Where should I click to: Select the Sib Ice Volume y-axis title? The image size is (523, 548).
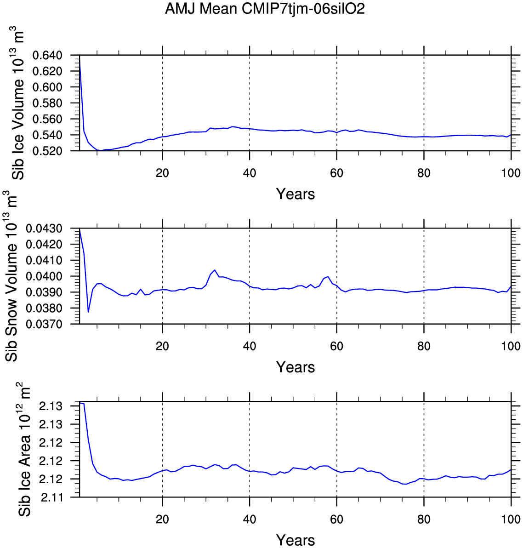click(x=18, y=103)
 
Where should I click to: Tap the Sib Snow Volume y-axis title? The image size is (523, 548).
click(x=12, y=277)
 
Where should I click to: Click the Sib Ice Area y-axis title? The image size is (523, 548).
click(x=24, y=449)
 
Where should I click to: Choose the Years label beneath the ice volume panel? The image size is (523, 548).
click(x=296, y=194)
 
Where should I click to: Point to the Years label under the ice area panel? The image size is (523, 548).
click(x=296, y=540)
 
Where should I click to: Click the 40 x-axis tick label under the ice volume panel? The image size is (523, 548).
click(x=249, y=173)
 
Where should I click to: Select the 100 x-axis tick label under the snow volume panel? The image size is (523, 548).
click(x=511, y=346)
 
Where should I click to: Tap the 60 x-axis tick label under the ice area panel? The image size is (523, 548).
click(x=336, y=519)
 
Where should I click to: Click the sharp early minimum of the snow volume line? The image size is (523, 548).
click(x=88, y=312)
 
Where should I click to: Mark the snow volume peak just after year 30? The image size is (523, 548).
click(x=215, y=270)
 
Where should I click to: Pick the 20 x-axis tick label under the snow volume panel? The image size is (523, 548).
click(x=162, y=346)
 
